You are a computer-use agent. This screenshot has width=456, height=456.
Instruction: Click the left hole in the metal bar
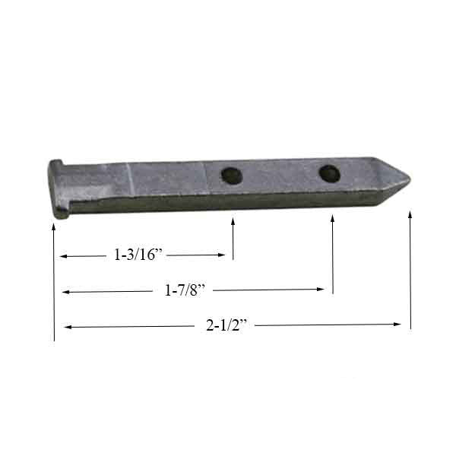(x=231, y=176)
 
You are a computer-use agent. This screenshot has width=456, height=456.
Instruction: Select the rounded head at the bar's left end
(x=56, y=188)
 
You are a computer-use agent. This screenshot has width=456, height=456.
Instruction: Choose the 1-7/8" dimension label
(x=187, y=290)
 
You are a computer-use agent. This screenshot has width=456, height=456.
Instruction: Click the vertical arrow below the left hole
(x=233, y=239)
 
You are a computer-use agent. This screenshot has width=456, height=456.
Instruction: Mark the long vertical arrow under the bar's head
(x=55, y=281)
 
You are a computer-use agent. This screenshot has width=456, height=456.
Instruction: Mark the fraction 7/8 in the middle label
(x=193, y=290)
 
